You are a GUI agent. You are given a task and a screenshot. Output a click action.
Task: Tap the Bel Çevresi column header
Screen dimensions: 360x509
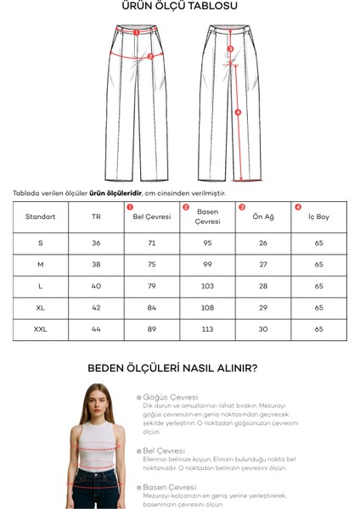click(152, 216)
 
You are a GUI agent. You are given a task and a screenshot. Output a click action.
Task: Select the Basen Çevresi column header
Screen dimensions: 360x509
click(207, 216)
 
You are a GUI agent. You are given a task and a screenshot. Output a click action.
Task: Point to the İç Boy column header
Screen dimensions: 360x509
click(318, 216)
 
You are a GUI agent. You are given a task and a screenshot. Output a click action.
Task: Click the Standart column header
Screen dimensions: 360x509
click(41, 216)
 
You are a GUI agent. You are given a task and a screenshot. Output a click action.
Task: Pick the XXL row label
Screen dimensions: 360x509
click(41, 328)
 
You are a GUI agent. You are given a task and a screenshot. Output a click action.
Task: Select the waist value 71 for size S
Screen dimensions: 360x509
click(152, 243)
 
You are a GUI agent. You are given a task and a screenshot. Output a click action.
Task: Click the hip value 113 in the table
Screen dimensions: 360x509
click(207, 328)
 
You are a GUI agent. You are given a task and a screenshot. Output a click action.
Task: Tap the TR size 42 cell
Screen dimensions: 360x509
click(96, 307)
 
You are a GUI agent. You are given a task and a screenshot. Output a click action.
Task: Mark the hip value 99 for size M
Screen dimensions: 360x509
click(207, 265)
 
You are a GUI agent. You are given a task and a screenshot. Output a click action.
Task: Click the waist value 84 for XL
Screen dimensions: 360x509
click(152, 307)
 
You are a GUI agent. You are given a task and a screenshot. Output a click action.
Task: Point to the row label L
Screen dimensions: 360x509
click(41, 286)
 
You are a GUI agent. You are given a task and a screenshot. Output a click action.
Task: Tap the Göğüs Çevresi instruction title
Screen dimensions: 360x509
click(171, 396)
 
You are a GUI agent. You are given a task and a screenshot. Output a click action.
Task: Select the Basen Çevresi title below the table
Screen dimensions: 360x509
click(171, 487)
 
